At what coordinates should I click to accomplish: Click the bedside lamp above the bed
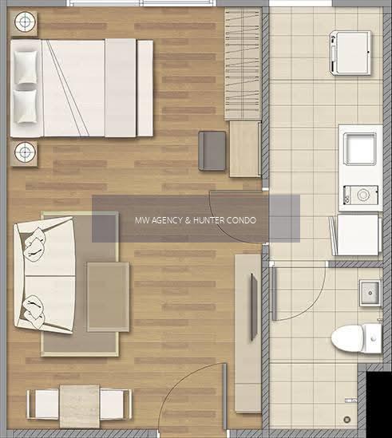point(25,22)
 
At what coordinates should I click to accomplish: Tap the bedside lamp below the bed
point(25,152)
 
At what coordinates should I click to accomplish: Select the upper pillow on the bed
point(26,67)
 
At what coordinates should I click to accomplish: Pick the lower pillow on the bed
point(26,106)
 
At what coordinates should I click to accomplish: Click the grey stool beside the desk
point(212,151)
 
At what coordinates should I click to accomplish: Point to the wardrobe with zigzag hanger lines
point(243,64)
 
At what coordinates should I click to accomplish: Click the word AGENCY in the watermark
point(167,220)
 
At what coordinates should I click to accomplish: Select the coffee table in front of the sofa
point(109,297)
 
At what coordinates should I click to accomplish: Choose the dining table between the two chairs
point(80,406)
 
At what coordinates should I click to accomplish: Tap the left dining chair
point(43,404)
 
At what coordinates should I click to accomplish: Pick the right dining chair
point(116,404)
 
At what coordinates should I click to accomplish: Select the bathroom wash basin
point(370,293)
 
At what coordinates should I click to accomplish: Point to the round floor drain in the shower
point(347,419)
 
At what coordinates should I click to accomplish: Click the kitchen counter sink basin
point(359,149)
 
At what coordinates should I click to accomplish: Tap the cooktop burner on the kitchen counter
point(361,195)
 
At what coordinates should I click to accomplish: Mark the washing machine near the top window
point(350,53)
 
